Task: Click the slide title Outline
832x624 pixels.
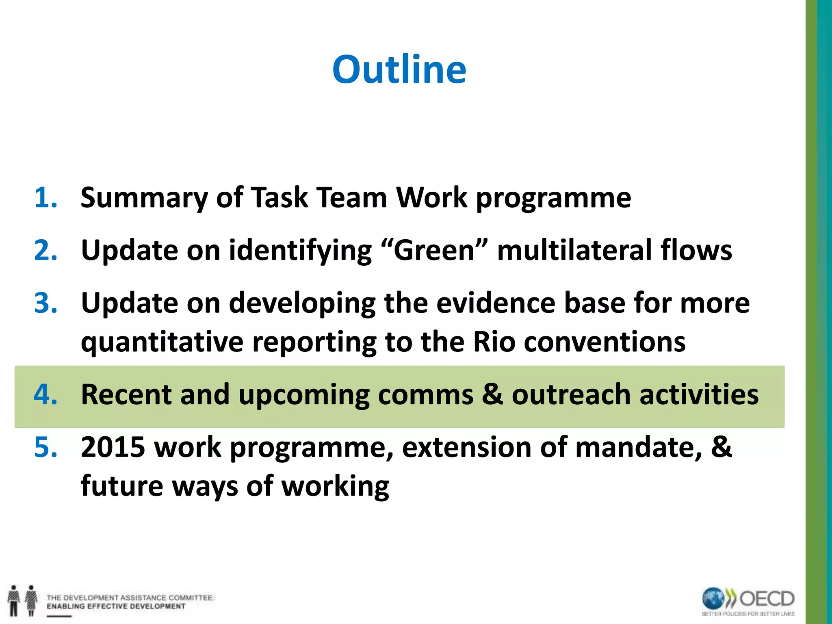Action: point(399,69)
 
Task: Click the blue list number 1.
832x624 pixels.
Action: point(45,198)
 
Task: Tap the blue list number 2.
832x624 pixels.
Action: point(45,250)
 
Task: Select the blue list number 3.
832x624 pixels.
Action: point(45,303)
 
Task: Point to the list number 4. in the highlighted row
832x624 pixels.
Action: point(45,394)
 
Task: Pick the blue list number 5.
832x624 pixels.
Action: point(45,447)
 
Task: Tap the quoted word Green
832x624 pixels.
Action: point(434,250)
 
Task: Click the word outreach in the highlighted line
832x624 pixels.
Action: point(571,394)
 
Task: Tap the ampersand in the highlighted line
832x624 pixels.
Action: point(492,394)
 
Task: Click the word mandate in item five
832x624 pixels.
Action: point(638,447)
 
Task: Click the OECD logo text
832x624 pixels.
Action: point(767,599)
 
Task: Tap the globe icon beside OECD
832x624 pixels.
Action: point(713,599)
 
